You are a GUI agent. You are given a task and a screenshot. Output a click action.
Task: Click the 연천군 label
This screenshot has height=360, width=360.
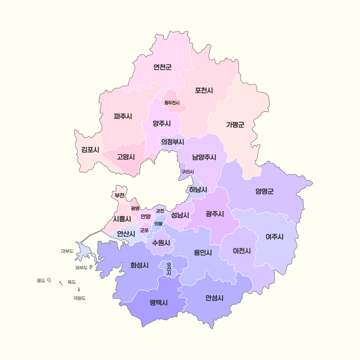(162, 67)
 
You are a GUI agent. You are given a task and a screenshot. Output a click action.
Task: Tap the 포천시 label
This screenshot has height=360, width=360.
(204, 90)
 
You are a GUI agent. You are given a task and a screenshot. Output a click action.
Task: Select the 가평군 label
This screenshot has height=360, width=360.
(235, 124)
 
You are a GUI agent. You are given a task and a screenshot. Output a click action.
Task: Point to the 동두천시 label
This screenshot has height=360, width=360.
(172, 103)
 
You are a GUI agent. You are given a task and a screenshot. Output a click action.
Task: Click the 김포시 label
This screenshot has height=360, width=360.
(90, 150)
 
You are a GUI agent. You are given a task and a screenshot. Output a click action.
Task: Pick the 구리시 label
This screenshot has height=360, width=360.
(187, 172)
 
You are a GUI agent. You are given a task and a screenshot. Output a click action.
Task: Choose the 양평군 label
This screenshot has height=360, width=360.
(264, 191)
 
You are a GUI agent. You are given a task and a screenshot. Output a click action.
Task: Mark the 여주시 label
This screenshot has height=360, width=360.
(274, 237)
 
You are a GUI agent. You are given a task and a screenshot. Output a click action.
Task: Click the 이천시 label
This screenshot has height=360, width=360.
(242, 251)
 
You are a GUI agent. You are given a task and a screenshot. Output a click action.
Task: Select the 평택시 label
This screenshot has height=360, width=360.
(158, 302)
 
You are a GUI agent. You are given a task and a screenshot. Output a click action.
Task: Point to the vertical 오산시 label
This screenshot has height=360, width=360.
(169, 269)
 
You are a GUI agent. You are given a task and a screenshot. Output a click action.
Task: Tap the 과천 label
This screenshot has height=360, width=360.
(160, 211)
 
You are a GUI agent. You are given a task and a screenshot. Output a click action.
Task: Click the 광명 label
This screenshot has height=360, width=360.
(135, 208)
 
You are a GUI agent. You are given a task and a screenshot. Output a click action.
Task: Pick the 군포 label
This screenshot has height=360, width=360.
(144, 231)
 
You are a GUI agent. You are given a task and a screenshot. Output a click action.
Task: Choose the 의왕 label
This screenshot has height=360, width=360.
(158, 224)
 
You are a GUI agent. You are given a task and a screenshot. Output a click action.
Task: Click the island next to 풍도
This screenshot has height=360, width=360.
(49, 280)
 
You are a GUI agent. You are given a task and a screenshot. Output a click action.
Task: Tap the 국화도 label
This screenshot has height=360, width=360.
(79, 298)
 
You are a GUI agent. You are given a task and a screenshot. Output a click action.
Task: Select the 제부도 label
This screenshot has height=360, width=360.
(81, 268)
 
